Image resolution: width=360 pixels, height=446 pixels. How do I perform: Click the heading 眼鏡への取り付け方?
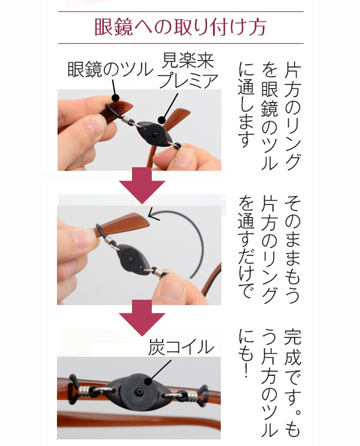coord(180,28)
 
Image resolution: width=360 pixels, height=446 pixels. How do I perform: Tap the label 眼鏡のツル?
coord(110,70)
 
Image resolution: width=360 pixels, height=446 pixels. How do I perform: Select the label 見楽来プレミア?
coord(188,70)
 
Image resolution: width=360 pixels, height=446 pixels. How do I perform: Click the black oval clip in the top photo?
coord(154,134)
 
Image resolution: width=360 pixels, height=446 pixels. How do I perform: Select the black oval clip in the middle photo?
coord(130,260)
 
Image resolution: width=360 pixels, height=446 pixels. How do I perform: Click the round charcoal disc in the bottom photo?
coord(139,390)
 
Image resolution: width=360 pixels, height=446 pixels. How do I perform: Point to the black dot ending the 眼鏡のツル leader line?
coord(115,98)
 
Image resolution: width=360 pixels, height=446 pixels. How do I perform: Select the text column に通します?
coord(246,105)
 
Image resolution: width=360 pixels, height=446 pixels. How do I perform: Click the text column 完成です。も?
coord(293,383)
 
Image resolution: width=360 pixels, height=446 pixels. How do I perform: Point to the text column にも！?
coord(246,354)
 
